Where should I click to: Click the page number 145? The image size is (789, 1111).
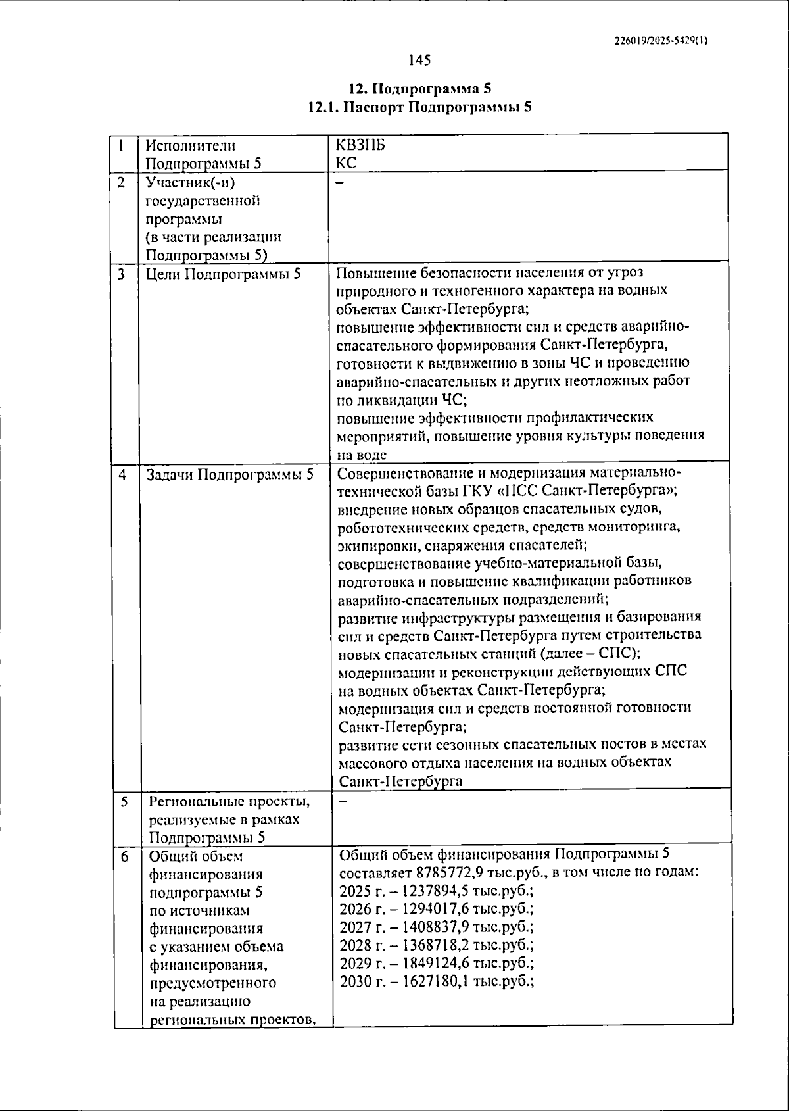pyautogui.click(x=419, y=61)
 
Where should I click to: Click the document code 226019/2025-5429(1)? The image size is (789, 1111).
pyautogui.click(x=661, y=40)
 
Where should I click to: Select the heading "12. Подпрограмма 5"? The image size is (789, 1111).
pyautogui.click(x=419, y=89)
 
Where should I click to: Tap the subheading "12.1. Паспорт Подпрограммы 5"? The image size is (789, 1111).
pyautogui.click(x=419, y=107)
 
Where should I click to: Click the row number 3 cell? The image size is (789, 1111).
pyautogui.click(x=122, y=274)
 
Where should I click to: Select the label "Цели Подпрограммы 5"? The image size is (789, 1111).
pyautogui.click(x=223, y=274)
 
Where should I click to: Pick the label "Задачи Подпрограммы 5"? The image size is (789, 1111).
pyautogui.click(x=229, y=474)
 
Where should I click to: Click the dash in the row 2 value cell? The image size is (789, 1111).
pyautogui.click(x=340, y=184)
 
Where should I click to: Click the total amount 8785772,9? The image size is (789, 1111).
pyautogui.click(x=447, y=873)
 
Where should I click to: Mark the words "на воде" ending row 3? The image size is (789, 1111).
pyautogui.click(x=361, y=455)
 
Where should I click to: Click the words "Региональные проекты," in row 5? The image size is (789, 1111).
pyautogui.click(x=229, y=801)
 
